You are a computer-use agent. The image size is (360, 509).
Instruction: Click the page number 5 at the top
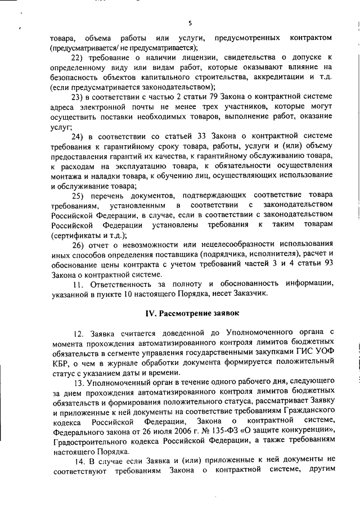click(190, 23)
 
